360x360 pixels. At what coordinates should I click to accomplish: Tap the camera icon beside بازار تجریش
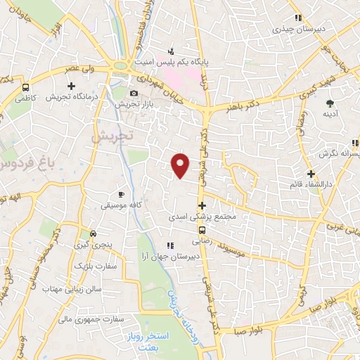134,94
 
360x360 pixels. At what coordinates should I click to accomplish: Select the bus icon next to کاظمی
26,88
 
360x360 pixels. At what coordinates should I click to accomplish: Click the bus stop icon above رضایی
202,229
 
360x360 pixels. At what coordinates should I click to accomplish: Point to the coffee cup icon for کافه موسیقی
121,194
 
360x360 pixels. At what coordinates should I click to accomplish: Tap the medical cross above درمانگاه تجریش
71,86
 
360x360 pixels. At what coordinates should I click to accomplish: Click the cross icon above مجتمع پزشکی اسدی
202,206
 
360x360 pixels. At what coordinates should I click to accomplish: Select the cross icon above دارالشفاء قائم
311,173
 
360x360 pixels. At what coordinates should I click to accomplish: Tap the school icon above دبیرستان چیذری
298,18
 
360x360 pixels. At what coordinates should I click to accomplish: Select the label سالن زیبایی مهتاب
72,289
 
